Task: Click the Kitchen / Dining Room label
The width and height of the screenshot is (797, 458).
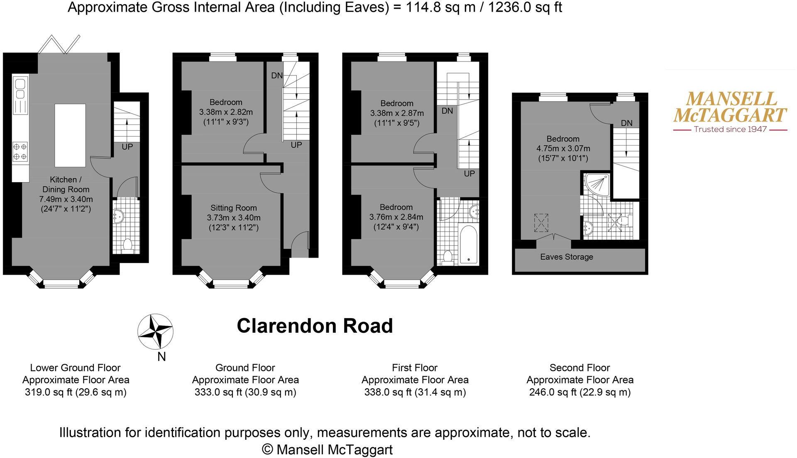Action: coord(66,184)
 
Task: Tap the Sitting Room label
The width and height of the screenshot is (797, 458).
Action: coord(233,208)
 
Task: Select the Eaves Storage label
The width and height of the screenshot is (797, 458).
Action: coord(567,257)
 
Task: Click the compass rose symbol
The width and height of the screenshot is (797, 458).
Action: coord(155,331)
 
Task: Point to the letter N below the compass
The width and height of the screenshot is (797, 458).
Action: coord(161,357)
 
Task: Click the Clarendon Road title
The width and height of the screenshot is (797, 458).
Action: coord(315,326)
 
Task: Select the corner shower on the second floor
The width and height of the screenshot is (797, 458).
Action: coord(597,185)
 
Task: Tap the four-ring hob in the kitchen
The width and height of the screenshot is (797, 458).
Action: coord(20,151)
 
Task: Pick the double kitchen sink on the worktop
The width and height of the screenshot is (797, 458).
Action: coord(20,89)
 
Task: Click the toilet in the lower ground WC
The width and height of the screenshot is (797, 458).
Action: coord(128,246)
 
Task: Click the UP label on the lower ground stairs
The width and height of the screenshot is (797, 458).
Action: coord(127,147)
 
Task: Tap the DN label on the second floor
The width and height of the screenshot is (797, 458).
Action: coord(626,123)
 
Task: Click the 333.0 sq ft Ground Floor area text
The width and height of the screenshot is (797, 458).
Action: coord(245,392)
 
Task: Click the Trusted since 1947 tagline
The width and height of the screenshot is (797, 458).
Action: coord(730,129)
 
